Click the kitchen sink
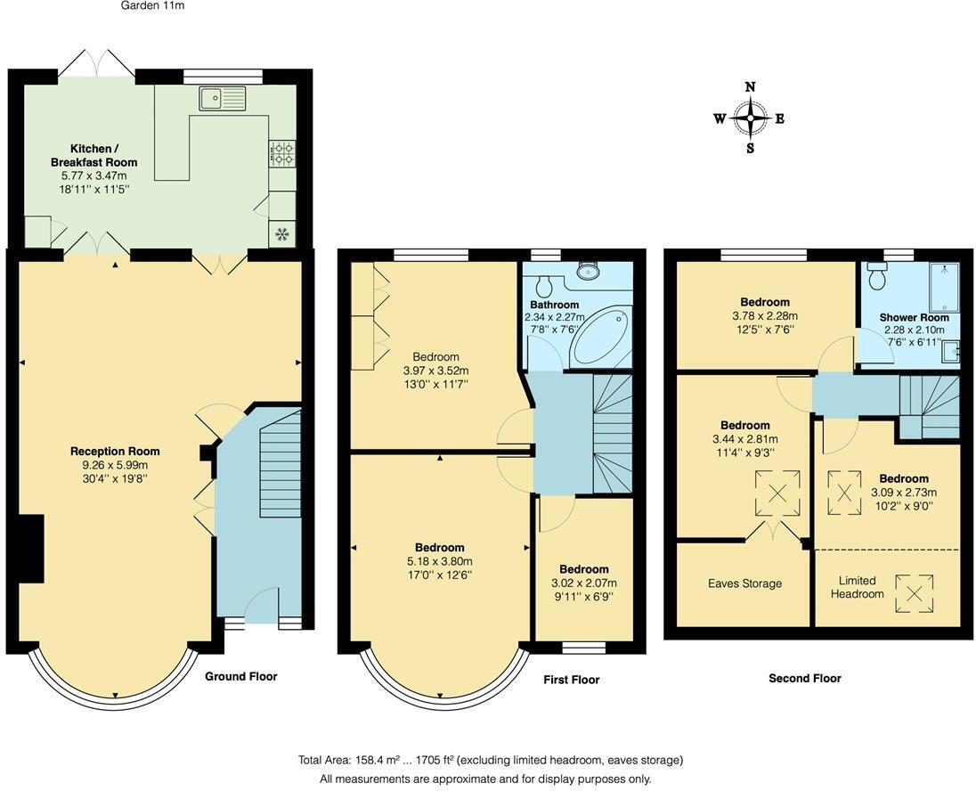coord(223,98)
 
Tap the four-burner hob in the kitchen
coord(282,154)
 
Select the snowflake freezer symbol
coord(282,234)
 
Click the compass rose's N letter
coord(751,87)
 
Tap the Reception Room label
coord(115,452)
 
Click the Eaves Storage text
coord(745,583)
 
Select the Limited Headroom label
coord(857,587)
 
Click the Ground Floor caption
coord(241,676)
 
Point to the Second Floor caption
coord(805,678)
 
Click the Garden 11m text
coord(152,6)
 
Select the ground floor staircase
coord(281,463)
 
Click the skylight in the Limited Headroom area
coord(915,594)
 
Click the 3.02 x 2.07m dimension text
coord(584,583)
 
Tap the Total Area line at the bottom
coord(491,761)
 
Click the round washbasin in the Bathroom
coord(589,271)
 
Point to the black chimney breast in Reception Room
coord(31,549)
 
